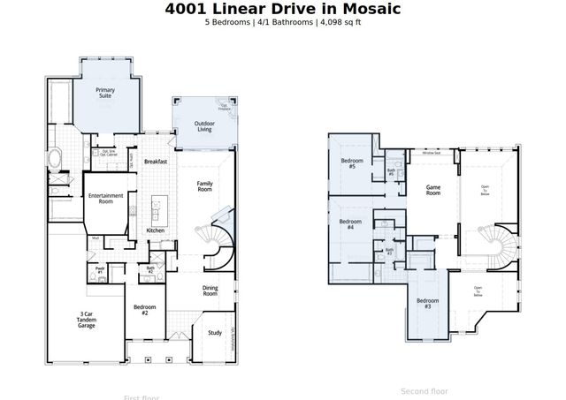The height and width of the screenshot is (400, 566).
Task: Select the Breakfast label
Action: click(157, 162)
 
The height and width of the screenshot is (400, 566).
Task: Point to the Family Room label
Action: click(205, 185)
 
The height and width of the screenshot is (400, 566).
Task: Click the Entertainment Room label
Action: click(106, 199)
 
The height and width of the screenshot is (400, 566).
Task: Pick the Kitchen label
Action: click(156, 230)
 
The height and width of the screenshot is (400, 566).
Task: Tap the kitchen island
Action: click(159, 208)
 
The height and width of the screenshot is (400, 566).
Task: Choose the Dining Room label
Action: click(210, 291)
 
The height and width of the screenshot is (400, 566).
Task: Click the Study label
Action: click(215, 332)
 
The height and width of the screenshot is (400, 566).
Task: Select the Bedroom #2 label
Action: click(145, 309)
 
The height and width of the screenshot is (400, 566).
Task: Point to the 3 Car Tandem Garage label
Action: click(85, 319)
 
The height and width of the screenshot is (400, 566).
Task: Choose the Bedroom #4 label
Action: click(350, 224)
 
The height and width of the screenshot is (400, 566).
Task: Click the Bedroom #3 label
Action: click(426, 303)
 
